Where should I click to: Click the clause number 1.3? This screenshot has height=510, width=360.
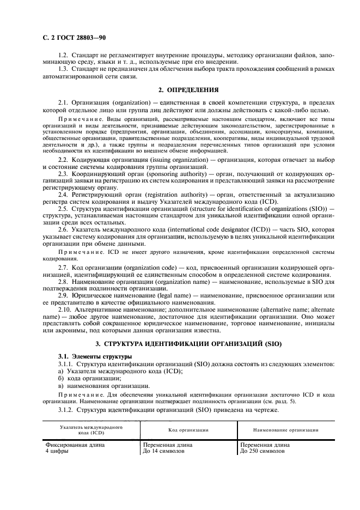(x=63, y=69)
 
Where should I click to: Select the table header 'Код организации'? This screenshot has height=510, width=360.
(x=188, y=430)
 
